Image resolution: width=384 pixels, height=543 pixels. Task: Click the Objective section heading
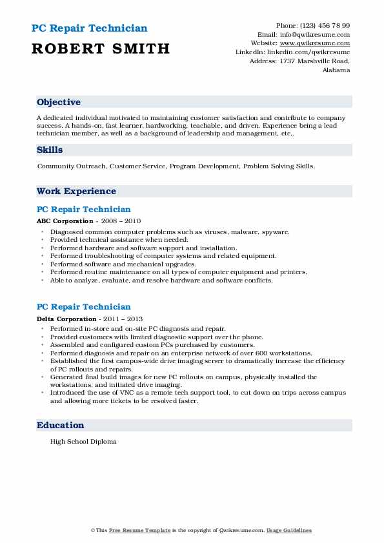point(59,103)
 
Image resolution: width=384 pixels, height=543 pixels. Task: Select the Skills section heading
point(50,150)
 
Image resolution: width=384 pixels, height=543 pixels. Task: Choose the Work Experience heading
point(76,191)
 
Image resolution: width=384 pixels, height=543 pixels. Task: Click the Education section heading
point(61,425)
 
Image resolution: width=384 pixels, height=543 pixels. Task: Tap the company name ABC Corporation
point(65,221)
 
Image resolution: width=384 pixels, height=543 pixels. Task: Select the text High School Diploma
point(83,442)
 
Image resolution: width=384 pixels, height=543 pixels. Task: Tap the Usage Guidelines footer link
point(290,530)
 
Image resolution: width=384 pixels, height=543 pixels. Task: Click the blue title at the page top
point(88,28)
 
